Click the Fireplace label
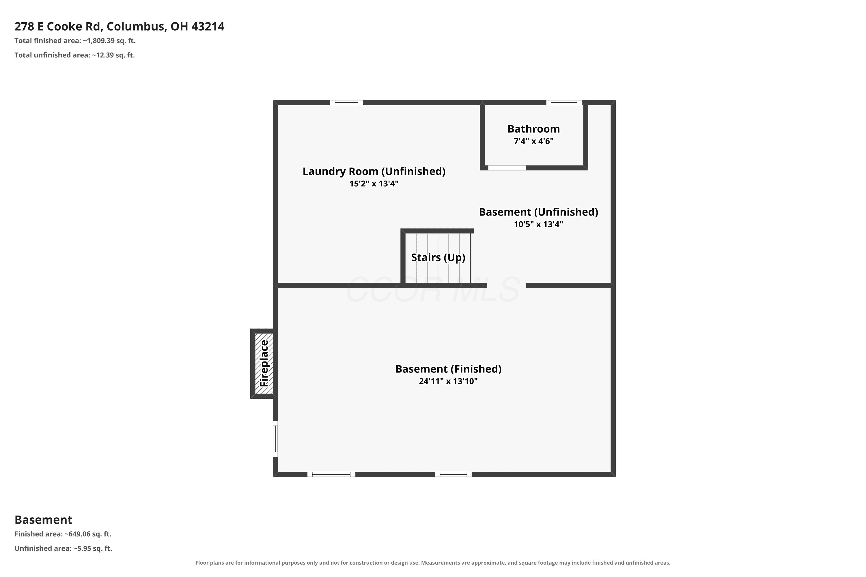point(264,363)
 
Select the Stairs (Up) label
point(438,257)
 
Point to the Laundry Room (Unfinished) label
point(374,171)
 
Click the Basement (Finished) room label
point(449,369)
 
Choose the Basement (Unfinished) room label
point(538,212)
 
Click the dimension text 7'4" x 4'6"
point(533,141)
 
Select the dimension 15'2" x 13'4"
point(374,183)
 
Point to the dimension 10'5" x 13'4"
point(538,224)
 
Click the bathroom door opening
point(507,168)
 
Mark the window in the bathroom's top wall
point(564,103)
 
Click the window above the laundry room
point(346,103)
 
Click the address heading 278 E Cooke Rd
point(119,27)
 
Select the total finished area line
point(75,41)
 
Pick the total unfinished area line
point(75,55)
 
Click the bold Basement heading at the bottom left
point(44,520)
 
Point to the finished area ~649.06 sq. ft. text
point(63,534)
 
